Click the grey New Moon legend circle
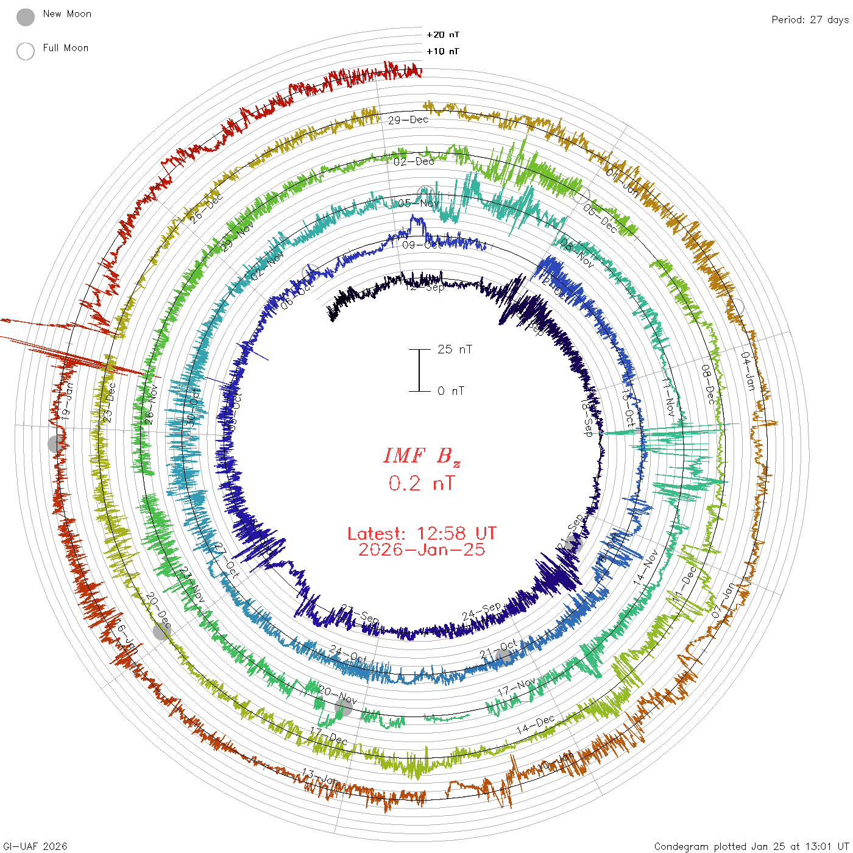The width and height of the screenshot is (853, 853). (x=26, y=18)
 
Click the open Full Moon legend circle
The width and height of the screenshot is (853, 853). (x=26, y=51)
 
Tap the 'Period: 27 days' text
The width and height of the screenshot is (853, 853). (x=809, y=20)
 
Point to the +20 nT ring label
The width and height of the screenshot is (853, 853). (x=443, y=35)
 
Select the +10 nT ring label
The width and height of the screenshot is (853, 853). (x=443, y=51)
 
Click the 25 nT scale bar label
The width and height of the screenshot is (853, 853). (x=455, y=350)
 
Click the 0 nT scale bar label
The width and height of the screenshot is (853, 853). (x=451, y=391)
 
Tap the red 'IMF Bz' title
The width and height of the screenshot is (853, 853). (x=422, y=456)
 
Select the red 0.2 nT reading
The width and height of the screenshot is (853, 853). (x=421, y=484)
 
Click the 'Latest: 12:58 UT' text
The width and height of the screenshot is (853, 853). (x=422, y=534)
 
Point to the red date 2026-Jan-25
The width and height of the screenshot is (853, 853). (x=422, y=550)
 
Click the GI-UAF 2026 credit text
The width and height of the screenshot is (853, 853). (x=35, y=846)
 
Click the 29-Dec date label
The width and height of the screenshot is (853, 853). (x=408, y=120)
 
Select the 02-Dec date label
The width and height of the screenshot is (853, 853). (x=414, y=162)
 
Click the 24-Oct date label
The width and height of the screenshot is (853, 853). (x=349, y=655)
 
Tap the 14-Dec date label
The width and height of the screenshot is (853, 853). (x=536, y=724)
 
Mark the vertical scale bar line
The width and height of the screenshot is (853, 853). (x=419, y=370)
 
